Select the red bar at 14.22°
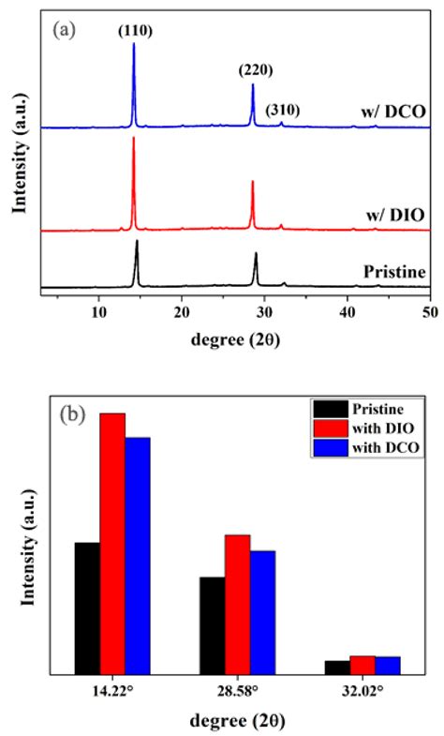point(112,543)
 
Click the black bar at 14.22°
point(87,608)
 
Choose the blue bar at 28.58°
point(262,611)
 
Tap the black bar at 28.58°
point(212,624)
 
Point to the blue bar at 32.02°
point(388,665)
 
